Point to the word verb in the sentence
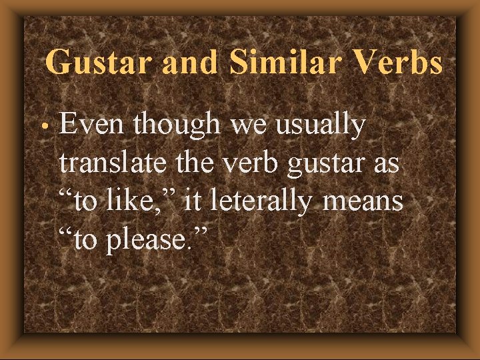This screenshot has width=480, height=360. pyautogui.click(x=252, y=163)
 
